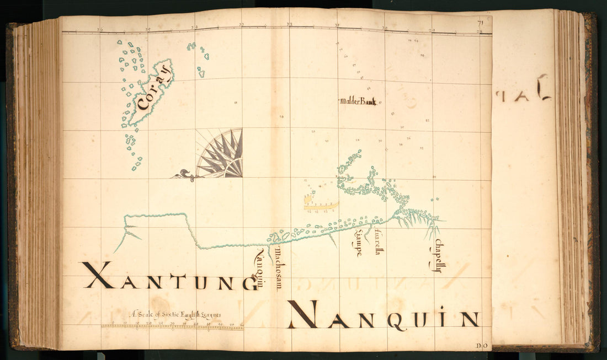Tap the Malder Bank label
358,101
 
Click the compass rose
221,154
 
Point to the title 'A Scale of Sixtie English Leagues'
175,315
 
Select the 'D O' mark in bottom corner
481,345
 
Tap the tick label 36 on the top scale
99,29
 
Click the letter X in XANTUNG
98,275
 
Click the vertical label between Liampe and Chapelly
378,242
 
